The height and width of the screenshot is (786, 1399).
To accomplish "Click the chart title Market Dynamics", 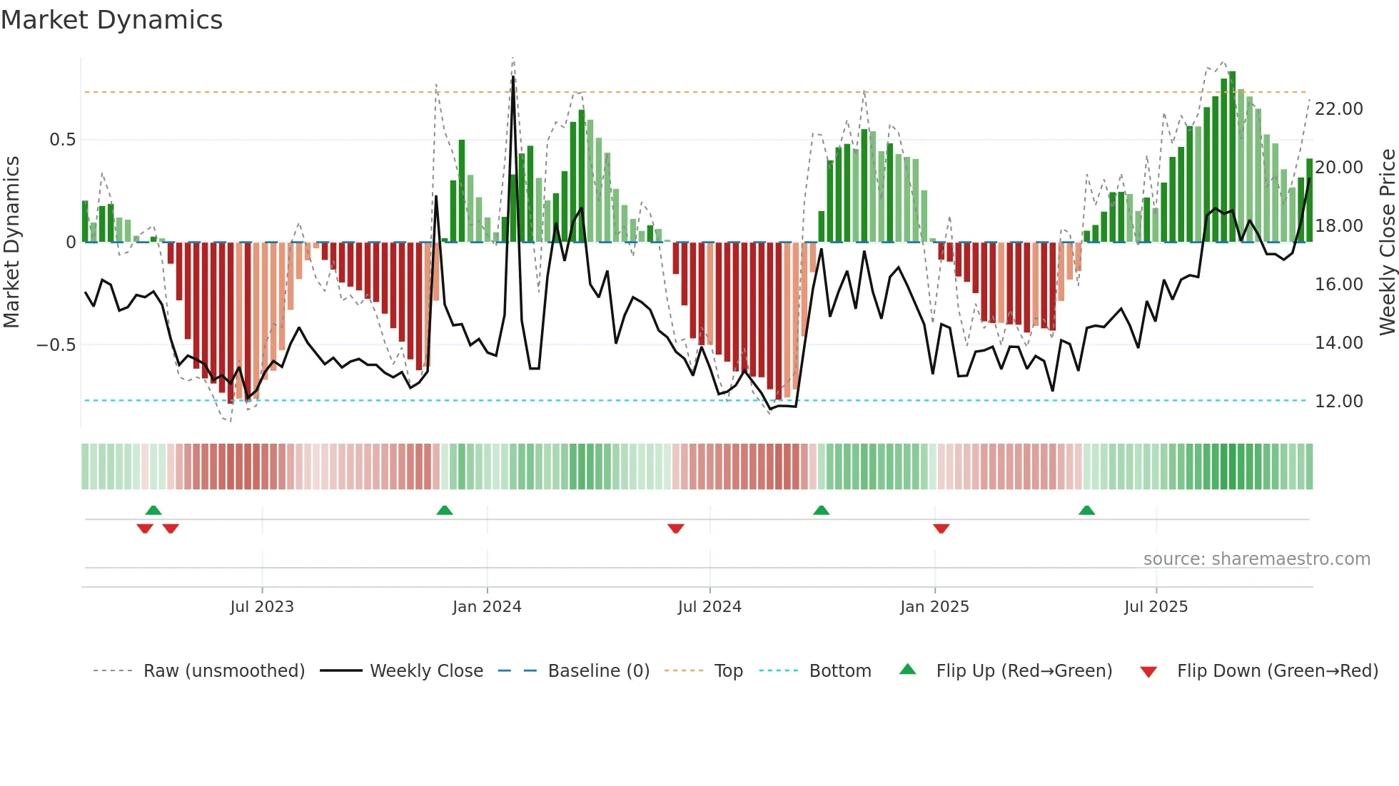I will [111, 20].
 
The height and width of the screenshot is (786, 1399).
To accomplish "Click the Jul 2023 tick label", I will [262, 606].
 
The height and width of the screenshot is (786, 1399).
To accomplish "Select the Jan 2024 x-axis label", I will [487, 606].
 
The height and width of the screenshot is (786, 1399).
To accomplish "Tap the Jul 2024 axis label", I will [709, 606].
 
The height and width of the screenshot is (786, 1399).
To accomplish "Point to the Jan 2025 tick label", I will [934, 606].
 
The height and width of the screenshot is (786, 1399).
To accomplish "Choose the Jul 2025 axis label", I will [1156, 606].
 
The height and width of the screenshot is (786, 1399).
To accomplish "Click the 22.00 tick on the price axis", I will [1338, 109].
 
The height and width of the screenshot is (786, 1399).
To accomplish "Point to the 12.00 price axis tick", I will [1338, 402].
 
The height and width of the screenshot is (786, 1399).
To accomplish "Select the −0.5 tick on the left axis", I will [56, 345].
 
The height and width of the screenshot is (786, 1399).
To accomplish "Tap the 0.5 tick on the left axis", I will [62, 140].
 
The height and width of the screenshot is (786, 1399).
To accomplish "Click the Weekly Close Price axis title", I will [1387, 243].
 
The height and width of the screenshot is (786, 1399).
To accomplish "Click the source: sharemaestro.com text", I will [1256, 558].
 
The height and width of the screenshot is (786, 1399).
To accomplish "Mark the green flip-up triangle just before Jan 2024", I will [445, 511].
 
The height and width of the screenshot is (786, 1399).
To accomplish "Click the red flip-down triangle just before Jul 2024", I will [676, 529].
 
